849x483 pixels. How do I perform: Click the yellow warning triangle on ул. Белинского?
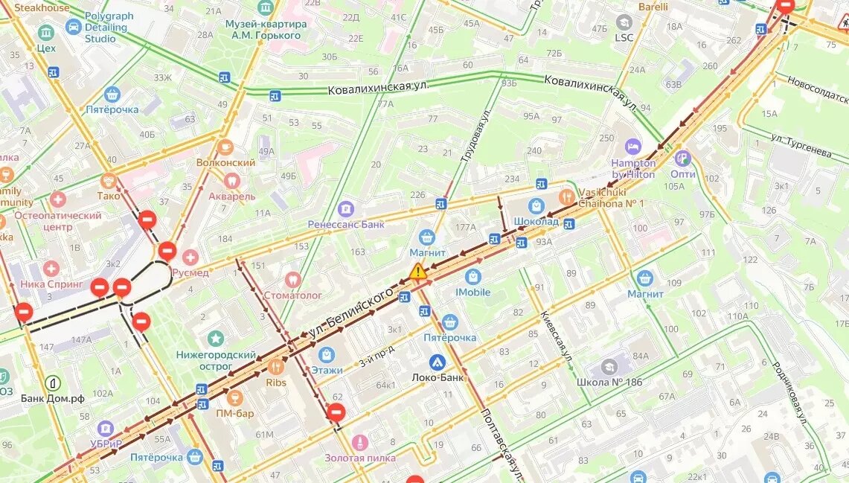(x=418, y=271)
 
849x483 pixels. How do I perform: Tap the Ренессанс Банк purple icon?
(x=345, y=208)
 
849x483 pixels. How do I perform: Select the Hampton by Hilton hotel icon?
(x=633, y=147)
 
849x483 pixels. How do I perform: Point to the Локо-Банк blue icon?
(x=438, y=362)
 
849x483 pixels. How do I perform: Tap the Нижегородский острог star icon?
(x=216, y=339)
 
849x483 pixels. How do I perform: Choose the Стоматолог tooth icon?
(x=292, y=279)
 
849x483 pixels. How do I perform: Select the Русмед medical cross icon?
(x=190, y=258)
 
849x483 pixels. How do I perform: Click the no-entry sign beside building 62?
(x=336, y=412)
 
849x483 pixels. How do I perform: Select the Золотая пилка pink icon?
(x=359, y=443)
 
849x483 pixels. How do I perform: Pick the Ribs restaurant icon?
(x=275, y=366)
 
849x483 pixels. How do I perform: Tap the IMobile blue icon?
(x=472, y=277)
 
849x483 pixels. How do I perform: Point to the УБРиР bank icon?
(x=105, y=429)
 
